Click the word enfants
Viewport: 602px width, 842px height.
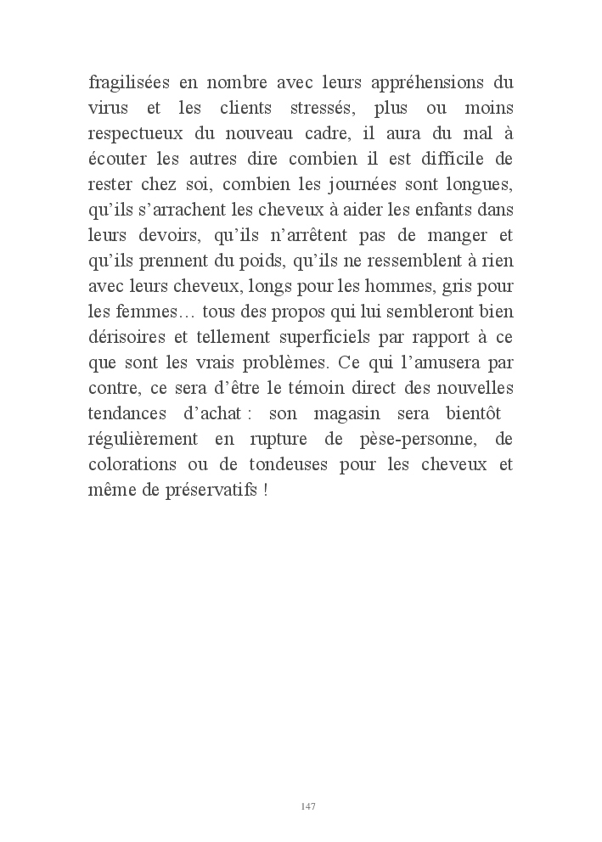click(x=457, y=210)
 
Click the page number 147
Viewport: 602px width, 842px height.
click(x=308, y=806)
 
